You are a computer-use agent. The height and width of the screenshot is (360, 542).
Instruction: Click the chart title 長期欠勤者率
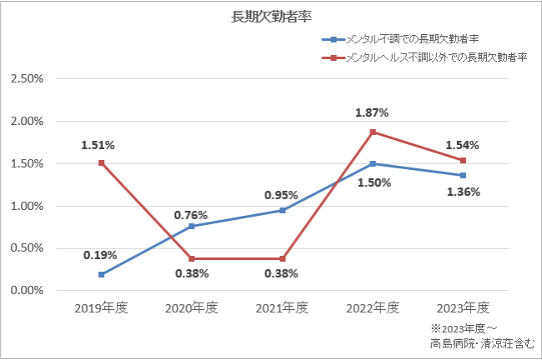271,17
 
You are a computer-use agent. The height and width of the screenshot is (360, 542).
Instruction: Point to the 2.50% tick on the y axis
27,79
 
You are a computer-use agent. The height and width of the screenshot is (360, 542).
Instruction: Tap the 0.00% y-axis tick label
27,290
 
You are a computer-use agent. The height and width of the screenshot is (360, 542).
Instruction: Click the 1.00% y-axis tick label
27,207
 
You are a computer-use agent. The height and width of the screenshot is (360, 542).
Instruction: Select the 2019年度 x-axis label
101,307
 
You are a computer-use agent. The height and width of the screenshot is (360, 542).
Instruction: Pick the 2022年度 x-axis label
373,307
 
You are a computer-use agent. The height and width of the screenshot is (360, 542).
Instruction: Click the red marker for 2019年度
101,162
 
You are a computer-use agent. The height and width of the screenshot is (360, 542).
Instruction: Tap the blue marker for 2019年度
101,275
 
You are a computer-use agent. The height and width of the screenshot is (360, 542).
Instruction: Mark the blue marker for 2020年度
192,227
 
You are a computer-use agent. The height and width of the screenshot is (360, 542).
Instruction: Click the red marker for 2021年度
283,259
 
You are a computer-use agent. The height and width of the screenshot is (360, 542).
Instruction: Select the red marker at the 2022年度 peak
373,132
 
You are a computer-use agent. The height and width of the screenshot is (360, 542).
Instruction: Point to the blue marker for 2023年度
463,176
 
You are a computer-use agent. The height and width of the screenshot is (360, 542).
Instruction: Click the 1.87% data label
372,112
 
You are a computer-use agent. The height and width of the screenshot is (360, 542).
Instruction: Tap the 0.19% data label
100,255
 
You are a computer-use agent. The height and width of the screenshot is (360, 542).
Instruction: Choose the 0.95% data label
281,195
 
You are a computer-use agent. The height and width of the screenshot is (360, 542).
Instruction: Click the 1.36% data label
464,192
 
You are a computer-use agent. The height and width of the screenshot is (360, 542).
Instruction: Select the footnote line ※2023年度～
464,328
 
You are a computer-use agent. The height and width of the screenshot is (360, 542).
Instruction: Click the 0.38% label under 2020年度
192,273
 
